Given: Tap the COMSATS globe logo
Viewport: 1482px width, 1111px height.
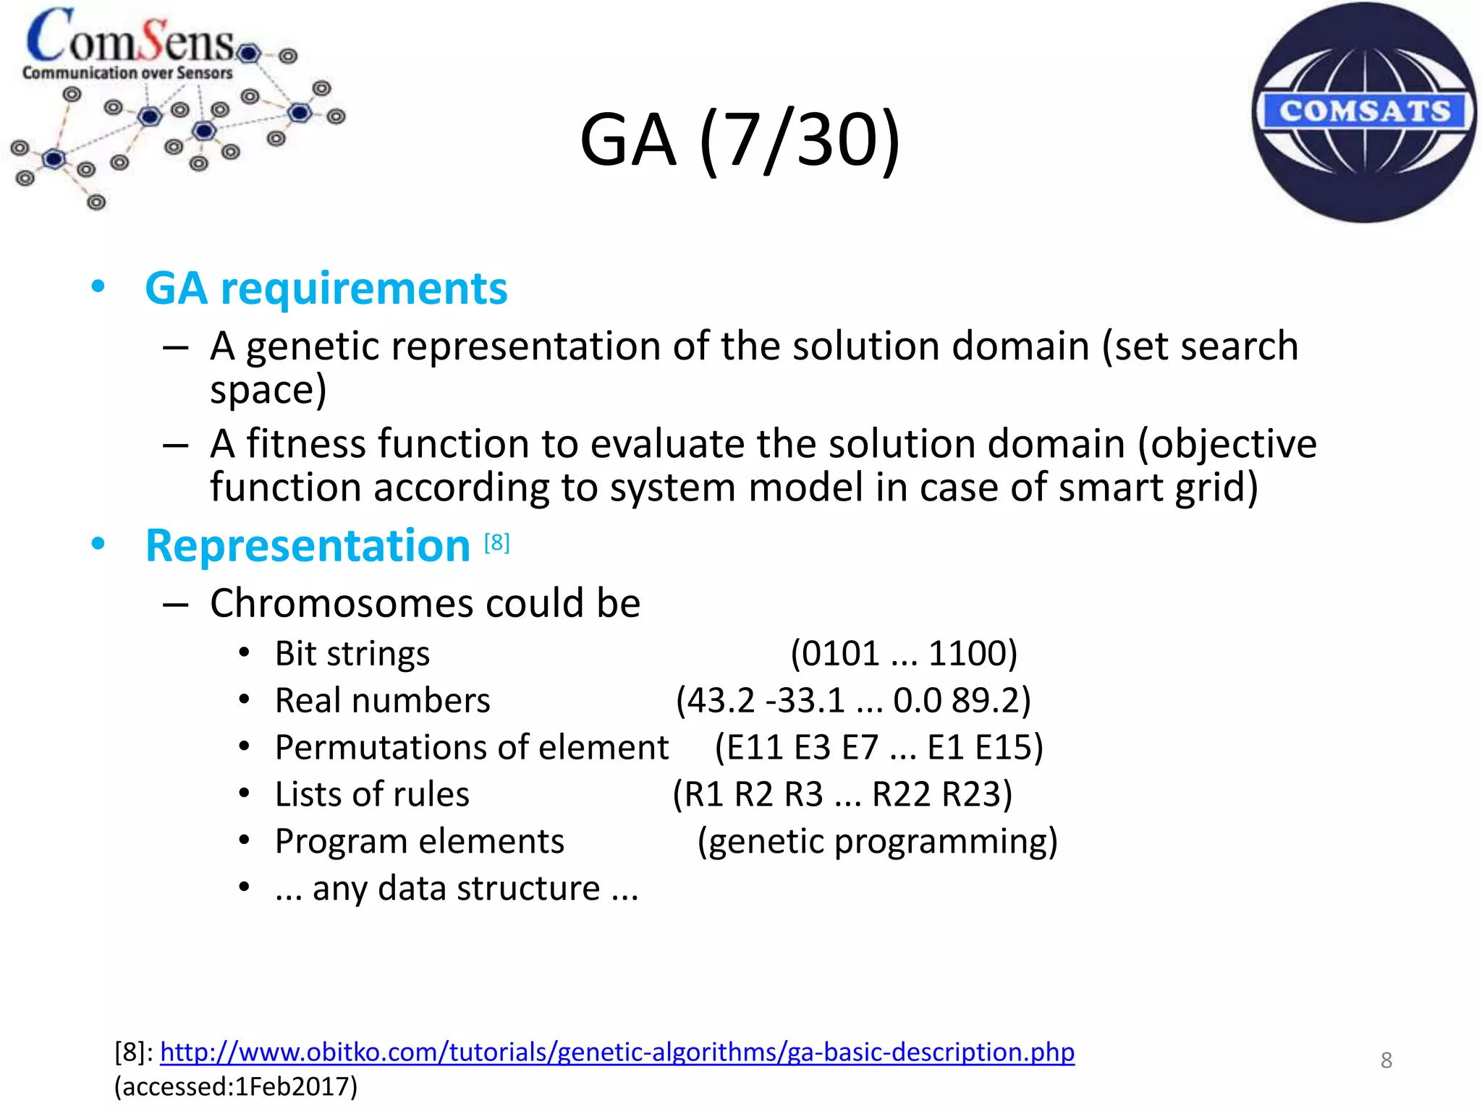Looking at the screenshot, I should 1364,112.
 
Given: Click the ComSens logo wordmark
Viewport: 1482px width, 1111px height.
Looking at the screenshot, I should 130,38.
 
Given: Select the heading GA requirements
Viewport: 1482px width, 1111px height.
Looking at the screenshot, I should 326,289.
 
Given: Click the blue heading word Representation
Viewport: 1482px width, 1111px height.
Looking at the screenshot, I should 308,545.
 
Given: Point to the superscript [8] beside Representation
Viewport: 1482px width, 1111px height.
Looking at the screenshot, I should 497,542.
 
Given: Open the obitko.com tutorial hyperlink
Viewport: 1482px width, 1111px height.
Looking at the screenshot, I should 617,1052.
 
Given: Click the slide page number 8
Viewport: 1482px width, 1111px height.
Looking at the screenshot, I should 1386,1060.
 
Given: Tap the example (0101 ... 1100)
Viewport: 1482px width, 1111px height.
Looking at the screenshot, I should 904,653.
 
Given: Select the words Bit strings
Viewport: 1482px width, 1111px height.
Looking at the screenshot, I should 352,654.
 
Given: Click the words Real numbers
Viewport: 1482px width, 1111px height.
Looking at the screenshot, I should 383,701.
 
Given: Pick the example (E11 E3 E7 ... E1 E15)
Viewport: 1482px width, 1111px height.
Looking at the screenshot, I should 878,747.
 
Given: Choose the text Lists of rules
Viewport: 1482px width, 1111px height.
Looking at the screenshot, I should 372,794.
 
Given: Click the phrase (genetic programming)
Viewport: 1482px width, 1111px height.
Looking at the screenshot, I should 877,841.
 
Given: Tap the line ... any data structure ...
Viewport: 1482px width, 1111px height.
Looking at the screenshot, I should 457,888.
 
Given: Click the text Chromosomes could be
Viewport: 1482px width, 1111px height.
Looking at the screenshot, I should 425,603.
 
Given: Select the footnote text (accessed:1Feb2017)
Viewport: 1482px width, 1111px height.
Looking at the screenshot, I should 236,1086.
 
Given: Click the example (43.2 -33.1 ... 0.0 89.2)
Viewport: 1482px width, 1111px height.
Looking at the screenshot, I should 853,700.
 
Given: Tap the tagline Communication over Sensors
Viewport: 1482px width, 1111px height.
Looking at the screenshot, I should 127,73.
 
